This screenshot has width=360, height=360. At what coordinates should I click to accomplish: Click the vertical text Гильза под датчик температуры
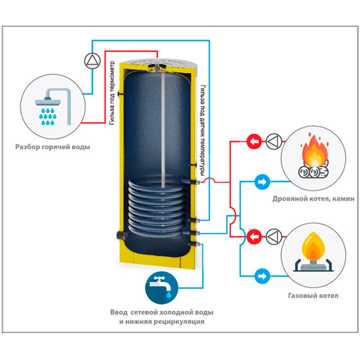tap(205, 125)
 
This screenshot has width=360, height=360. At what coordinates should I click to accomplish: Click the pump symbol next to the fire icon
tap(273, 142)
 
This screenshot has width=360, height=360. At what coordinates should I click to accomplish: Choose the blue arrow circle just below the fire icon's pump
tap(262, 180)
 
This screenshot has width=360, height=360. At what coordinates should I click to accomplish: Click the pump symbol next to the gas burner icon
tap(273, 236)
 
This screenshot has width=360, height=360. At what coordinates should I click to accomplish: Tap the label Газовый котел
tap(313, 295)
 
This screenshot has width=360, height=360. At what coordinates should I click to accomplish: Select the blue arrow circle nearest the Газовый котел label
tap(262, 277)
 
